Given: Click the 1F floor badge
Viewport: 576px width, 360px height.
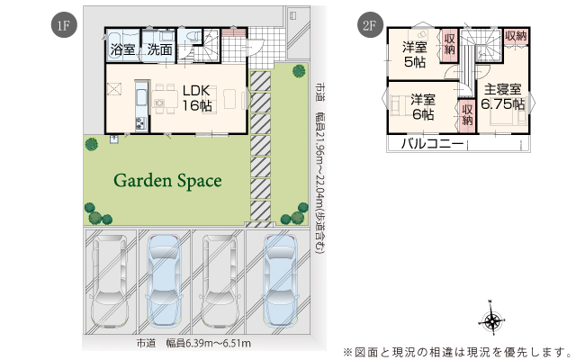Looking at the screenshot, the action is [x=64, y=25].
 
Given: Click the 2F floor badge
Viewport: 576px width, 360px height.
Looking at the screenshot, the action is [x=370, y=25].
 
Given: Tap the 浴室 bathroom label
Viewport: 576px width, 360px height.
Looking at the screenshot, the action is [x=122, y=49].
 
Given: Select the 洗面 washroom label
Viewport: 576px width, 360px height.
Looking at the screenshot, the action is [x=160, y=49].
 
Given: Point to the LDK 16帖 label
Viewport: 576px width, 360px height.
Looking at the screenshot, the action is [x=197, y=98].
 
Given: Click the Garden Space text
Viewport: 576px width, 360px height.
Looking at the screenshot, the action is [x=168, y=180].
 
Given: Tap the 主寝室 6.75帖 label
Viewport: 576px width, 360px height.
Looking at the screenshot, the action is [x=502, y=97].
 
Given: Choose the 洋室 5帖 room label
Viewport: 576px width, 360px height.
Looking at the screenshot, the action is [x=415, y=55].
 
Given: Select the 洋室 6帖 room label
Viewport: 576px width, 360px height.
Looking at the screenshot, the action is [x=423, y=107].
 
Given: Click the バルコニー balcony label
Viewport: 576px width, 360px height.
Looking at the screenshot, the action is [x=432, y=143].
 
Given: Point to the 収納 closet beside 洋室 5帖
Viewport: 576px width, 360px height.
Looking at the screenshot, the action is [x=449, y=45].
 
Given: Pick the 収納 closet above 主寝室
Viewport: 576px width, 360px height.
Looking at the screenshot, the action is [x=516, y=36].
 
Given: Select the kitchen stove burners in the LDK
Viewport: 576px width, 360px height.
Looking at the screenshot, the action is [x=141, y=123].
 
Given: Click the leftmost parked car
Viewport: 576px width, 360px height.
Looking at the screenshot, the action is [x=110, y=281].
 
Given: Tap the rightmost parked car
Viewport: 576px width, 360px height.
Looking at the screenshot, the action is [x=280, y=280].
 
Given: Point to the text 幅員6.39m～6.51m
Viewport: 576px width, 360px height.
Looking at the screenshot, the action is [x=209, y=344].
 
